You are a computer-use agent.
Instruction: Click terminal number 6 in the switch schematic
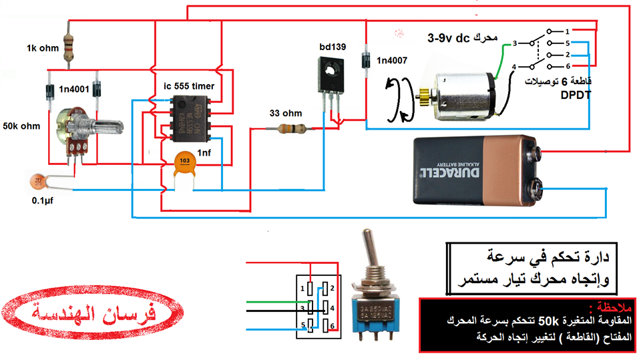(566, 67)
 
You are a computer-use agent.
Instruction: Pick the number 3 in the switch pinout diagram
(302, 309)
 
